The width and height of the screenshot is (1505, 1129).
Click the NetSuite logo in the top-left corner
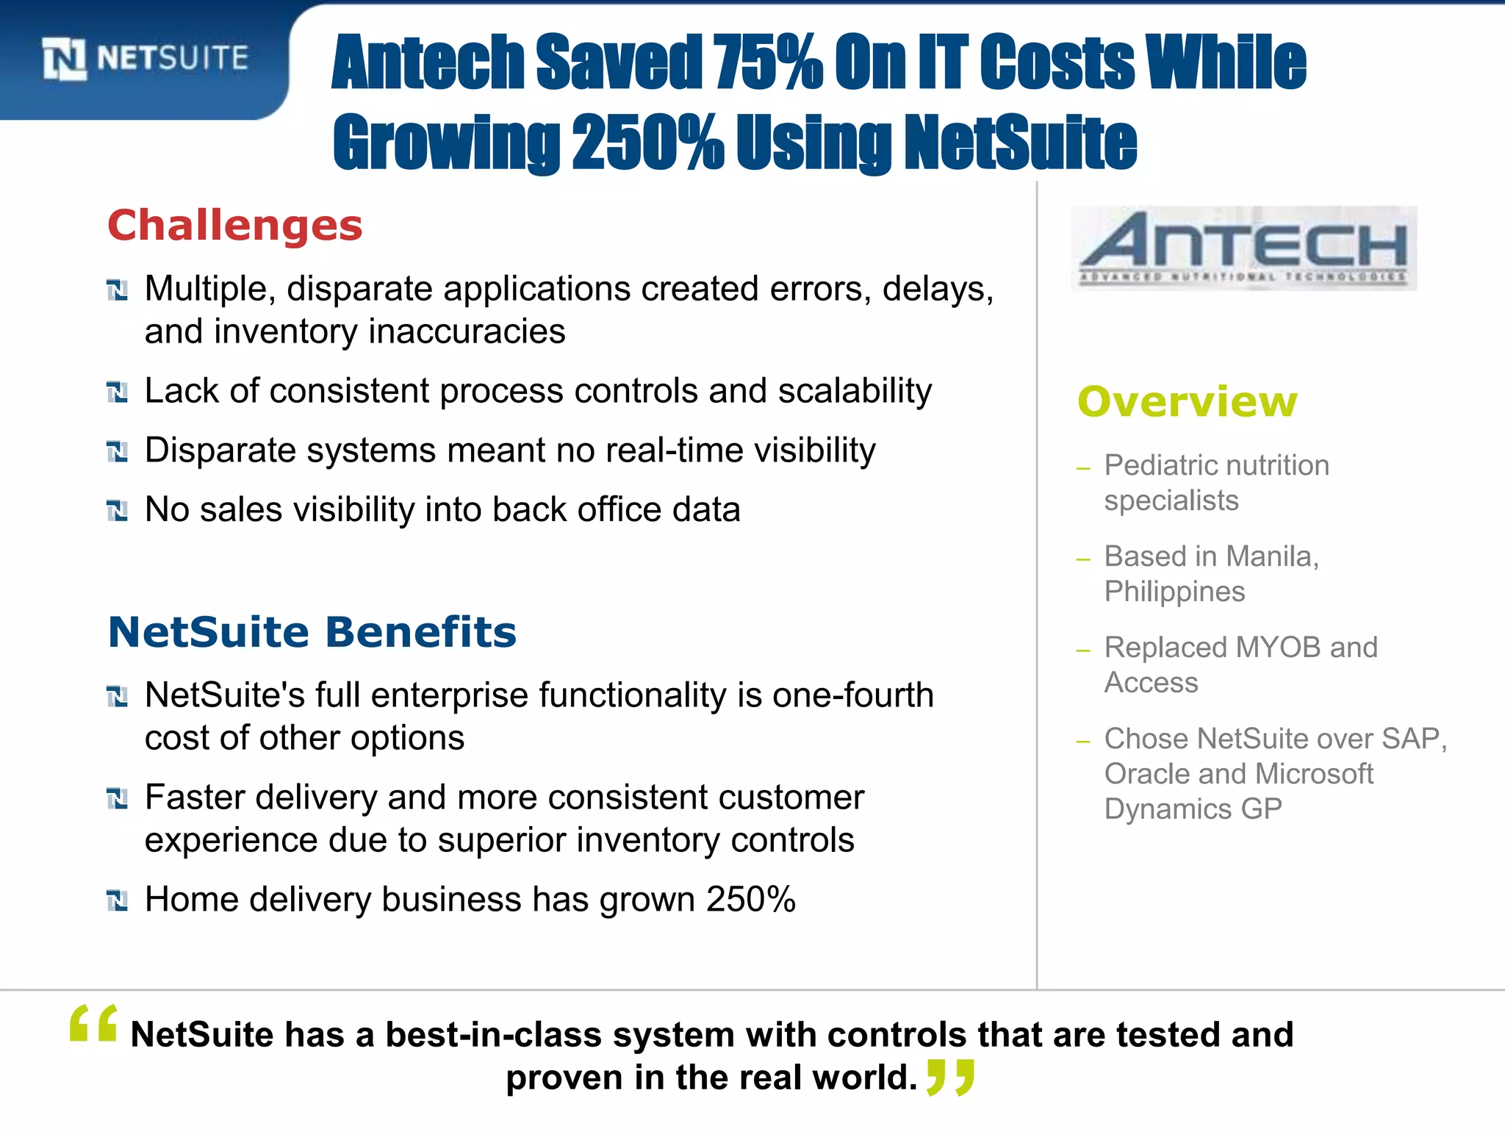[146, 59]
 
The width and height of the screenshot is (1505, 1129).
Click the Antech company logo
[1243, 248]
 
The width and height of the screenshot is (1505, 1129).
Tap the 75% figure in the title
[767, 62]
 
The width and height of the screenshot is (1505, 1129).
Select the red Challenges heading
[235, 225]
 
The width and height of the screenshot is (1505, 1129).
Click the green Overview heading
[1188, 402]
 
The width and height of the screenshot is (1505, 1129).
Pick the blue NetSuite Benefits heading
[312, 632]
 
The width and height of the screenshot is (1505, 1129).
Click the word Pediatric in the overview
[1155, 465]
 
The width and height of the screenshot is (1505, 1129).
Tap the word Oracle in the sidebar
[1146, 774]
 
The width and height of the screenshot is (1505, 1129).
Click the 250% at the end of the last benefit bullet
[750, 900]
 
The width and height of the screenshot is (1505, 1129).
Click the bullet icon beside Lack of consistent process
[117, 392]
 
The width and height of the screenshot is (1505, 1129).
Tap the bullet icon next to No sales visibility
[117, 510]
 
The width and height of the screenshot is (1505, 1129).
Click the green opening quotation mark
[93, 1023]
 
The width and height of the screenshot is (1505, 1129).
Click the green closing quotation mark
[950, 1078]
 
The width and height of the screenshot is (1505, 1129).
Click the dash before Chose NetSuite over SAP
[1082, 742]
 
